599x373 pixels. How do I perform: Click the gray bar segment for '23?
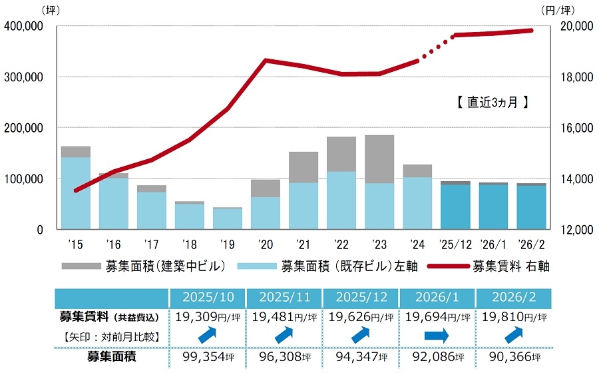380,159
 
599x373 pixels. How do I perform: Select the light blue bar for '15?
76,193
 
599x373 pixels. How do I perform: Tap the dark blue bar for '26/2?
532,207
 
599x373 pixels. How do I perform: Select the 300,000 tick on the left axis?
24,77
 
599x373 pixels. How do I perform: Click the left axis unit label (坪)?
51,10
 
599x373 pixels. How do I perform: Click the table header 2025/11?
284,297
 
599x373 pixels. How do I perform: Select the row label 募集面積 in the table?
112,356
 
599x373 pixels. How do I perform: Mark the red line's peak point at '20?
266,61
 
